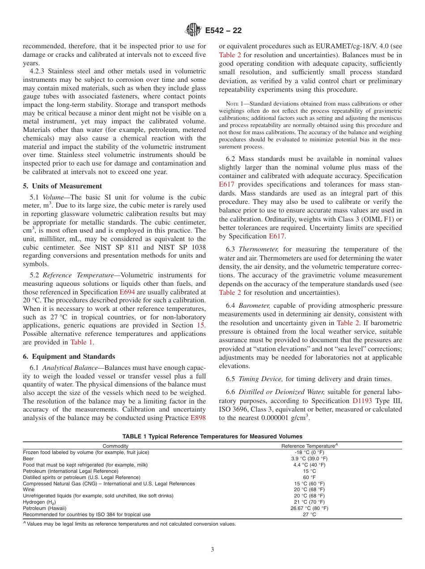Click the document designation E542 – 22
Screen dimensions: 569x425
[223, 31]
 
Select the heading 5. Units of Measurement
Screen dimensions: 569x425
[62, 186]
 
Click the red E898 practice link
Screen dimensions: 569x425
[198, 418]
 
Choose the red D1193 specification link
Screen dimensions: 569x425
[362, 401]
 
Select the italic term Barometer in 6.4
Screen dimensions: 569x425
[254, 306]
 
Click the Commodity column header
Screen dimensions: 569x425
[115, 446]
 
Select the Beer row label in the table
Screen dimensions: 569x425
[28, 459]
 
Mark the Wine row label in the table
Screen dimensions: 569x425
[28, 489]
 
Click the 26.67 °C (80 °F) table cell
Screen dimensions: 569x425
[309, 508]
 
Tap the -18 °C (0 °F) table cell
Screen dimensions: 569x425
[309, 452]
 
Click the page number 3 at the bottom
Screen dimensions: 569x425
[212, 549]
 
